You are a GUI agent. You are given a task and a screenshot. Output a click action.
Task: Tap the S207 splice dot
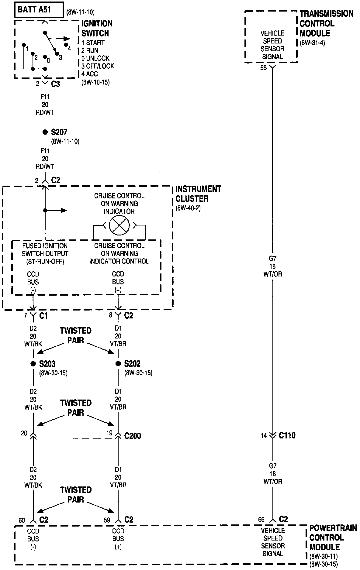pyautogui.click(x=45, y=132)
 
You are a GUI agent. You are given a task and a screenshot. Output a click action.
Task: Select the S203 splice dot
pyautogui.click(x=33, y=364)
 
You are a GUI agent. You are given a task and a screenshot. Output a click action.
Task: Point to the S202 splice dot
pyautogui.click(x=118, y=364)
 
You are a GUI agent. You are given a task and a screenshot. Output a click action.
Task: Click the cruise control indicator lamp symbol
pyautogui.click(x=119, y=225)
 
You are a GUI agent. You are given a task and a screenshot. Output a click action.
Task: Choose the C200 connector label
pyautogui.click(x=133, y=436)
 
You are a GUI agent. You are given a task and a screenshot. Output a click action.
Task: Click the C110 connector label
pyautogui.click(x=287, y=435)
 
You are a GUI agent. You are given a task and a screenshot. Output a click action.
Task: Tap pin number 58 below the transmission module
pyautogui.click(x=263, y=68)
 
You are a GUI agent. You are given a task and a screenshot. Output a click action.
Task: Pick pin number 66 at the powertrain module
pyautogui.click(x=261, y=520)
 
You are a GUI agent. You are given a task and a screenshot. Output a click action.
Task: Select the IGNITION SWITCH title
pyautogui.click(x=97, y=28)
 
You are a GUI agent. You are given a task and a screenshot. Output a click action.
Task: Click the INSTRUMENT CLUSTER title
pyautogui.click(x=198, y=194)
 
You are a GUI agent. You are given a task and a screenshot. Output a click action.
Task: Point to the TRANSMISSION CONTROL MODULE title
pyautogui.click(x=326, y=23)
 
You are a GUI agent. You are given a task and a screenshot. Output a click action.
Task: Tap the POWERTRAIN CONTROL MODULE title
pyautogui.click(x=333, y=537)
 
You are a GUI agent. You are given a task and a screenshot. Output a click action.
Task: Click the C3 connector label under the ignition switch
pyautogui.click(x=55, y=84)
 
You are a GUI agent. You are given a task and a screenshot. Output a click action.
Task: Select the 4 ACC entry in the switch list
pyautogui.click(x=90, y=74)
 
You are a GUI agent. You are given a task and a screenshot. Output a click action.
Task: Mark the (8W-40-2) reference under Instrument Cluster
pyautogui.click(x=188, y=208)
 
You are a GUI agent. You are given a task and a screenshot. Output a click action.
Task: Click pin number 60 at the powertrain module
pyautogui.click(x=22, y=520)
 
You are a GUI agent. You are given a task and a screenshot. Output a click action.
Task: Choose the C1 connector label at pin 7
pyautogui.click(x=43, y=316)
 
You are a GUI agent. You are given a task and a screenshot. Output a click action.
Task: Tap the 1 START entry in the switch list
pyautogui.click(x=93, y=43)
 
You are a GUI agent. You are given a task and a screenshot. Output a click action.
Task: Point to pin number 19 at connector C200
pyautogui.click(x=109, y=433)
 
